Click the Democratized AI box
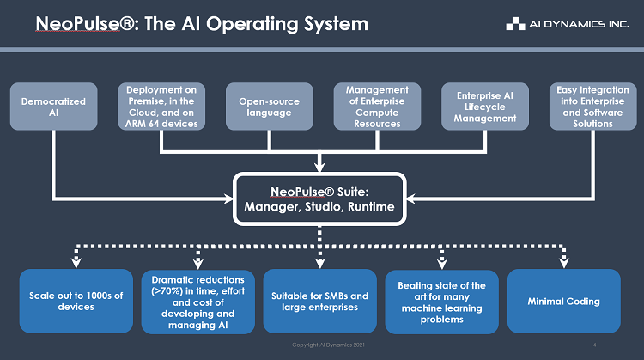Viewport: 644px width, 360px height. (x=54, y=107)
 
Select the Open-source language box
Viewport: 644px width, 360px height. (x=270, y=107)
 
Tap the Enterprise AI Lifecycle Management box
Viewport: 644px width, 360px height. (x=485, y=107)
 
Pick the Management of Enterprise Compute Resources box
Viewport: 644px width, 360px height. (x=377, y=107)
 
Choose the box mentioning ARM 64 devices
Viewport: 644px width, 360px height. (x=161, y=107)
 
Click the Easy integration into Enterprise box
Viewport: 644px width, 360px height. (x=593, y=107)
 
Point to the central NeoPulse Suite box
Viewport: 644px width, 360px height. (x=319, y=199)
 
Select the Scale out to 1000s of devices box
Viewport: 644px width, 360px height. (x=76, y=301)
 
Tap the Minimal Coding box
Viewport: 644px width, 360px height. (x=564, y=301)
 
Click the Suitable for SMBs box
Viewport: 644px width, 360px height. (x=320, y=301)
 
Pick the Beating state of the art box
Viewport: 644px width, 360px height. (x=442, y=302)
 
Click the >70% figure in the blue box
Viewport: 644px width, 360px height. (x=167, y=291)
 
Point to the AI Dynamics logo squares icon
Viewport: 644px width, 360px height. (x=515, y=24)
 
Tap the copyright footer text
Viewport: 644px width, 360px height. (x=328, y=345)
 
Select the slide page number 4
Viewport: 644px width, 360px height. (x=594, y=345)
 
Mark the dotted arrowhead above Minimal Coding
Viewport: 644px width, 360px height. (x=564, y=262)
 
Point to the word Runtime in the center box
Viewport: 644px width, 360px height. (x=371, y=206)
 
